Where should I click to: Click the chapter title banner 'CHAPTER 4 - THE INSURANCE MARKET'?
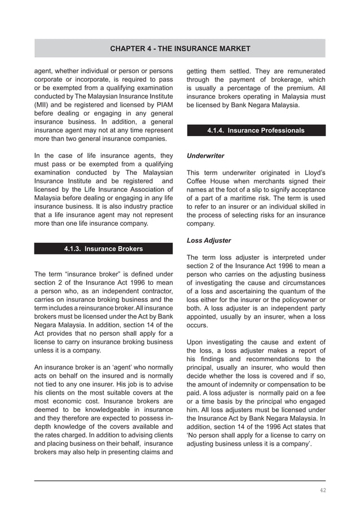180,49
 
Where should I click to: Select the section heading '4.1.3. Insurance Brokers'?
103,248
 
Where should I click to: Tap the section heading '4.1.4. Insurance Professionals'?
256,130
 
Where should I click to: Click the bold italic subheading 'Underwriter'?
205,155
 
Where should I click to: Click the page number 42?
322,490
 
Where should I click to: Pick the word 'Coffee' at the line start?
198,181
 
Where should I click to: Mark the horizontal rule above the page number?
180,481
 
